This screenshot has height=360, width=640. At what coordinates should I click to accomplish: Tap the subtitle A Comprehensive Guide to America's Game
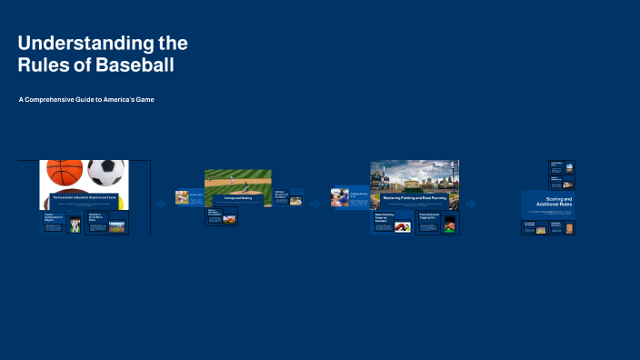tap(86, 99)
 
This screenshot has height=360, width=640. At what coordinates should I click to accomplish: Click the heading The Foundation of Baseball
tap(84, 196)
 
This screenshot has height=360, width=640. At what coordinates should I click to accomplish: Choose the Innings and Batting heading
tap(237, 196)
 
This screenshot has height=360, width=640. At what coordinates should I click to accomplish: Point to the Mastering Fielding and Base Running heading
tap(414, 196)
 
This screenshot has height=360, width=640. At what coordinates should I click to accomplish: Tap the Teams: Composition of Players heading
tap(55, 216)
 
